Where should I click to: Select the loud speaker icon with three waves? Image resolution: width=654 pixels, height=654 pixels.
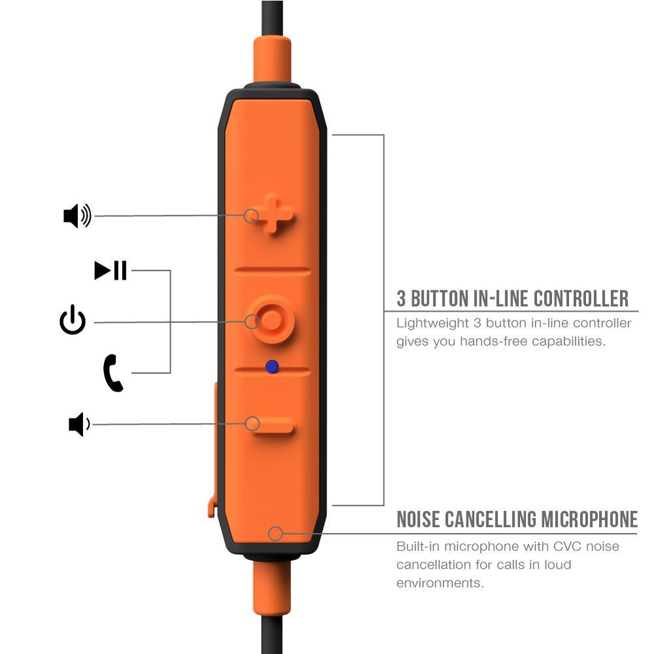77,216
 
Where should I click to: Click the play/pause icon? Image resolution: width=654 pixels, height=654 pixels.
111,270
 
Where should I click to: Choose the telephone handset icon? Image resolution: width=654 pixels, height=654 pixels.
113,373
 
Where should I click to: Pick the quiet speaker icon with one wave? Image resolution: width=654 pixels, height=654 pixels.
79,424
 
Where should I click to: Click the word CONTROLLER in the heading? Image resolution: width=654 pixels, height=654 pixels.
581,299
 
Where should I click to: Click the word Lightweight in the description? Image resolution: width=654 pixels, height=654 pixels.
432,323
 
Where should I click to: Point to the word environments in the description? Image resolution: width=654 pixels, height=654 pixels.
440,583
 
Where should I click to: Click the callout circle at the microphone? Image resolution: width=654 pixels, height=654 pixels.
275,534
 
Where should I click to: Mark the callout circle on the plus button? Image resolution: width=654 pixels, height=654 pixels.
251,215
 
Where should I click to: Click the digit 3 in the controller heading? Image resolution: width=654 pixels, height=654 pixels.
402,299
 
